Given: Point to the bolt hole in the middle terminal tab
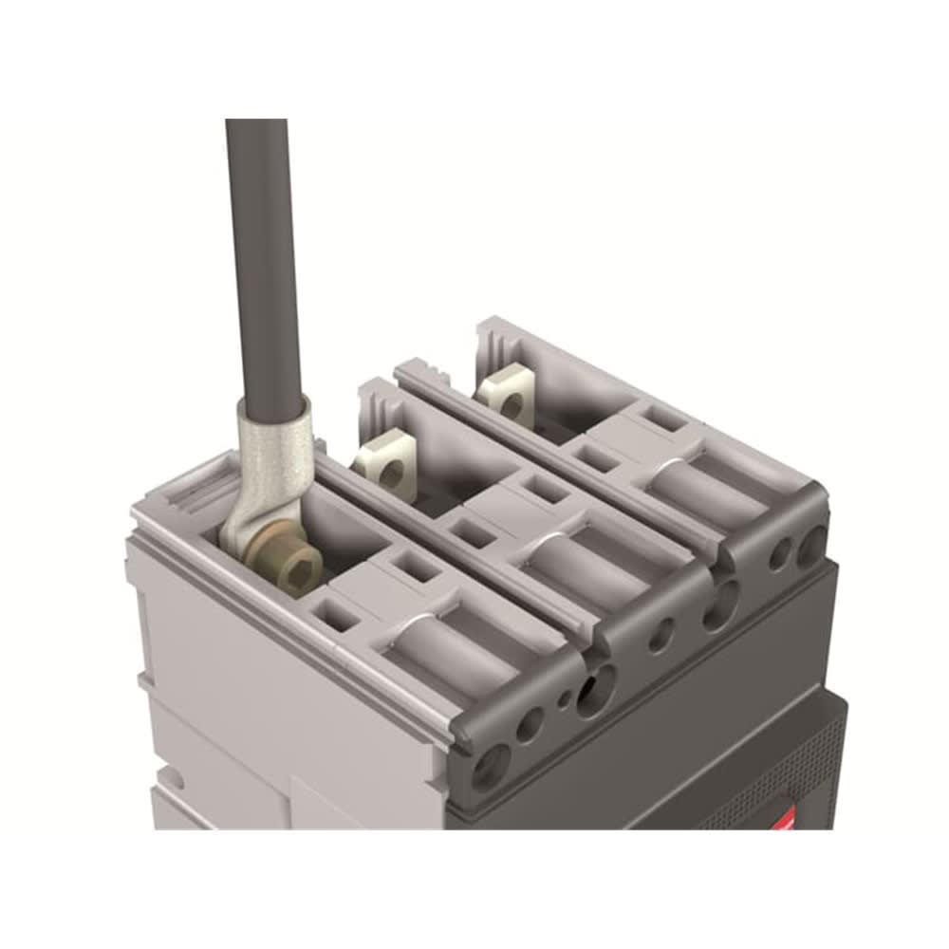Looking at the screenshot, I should click(x=388, y=468).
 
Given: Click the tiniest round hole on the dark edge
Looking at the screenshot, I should click(x=566, y=699).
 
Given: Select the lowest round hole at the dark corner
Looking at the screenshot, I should click(x=489, y=764).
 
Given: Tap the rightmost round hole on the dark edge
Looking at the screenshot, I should click(x=811, y=545).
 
